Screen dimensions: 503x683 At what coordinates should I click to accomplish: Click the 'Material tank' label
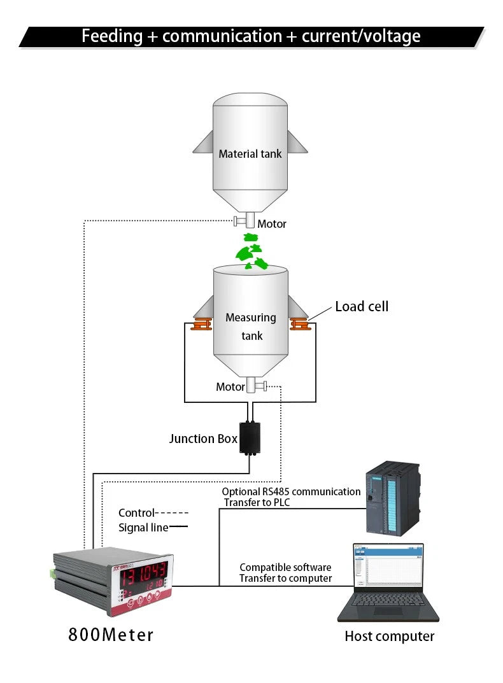pos(250,154)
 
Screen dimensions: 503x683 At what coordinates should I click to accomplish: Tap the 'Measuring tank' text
pos(251,327)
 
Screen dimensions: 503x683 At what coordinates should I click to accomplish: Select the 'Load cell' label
pos(362,306)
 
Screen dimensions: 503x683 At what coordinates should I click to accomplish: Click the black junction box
pos(250,438)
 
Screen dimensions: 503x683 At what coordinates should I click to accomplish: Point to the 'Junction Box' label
pos(203,438)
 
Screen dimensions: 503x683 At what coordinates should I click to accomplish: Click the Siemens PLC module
pos(392,498)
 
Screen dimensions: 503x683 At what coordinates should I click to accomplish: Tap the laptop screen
pos(388,565)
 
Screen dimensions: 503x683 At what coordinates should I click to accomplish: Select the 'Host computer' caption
pos(389,637)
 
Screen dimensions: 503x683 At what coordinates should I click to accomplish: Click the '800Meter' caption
pos(111,635)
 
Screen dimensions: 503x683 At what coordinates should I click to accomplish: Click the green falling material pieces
pos(252,252)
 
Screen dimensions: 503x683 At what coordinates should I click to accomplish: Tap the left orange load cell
pos(202,324)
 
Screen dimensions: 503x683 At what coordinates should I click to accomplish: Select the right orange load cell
pos(300,324)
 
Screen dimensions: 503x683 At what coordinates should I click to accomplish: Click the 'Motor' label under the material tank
pos(271,224)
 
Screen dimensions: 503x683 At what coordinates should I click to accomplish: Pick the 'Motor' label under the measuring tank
pos(230,387)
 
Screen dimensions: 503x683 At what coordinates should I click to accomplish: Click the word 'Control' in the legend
pos(137,512)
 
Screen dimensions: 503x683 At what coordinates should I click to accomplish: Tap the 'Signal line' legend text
pos(143,528)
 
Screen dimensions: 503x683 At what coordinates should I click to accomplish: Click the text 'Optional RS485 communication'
pos(291,491)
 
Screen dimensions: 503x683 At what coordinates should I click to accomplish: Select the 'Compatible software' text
pos(285,567)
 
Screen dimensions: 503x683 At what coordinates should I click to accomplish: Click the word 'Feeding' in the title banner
pos(112,36)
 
